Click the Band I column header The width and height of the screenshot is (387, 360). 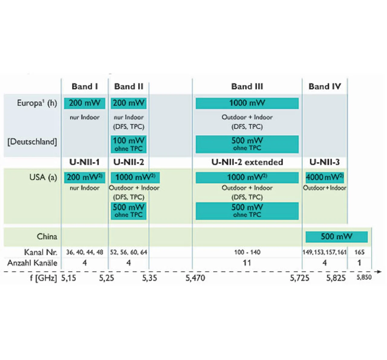[x=85, y=87]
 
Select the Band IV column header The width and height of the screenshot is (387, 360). [x=325, y=87]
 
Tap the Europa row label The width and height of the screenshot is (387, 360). [x=37, y=103]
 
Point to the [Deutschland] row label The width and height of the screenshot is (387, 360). [x=32, y=142]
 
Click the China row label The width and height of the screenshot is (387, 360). [x=47, y=236]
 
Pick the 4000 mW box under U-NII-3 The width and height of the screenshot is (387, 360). [x=325, y=177]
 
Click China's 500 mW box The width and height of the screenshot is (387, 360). [x=337, y=237]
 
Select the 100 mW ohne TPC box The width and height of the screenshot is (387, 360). [x=128, y=144]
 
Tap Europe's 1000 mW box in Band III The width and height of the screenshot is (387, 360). [x=247, y=103]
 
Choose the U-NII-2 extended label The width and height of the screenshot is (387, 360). [x=247, y=162]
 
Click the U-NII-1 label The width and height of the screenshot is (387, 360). [x=84, y=162]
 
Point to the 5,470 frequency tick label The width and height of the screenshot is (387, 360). [x=195, y=278]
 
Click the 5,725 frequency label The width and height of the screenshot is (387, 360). [x=300, y=278]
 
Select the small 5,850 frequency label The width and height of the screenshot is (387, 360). [x=364, y=277]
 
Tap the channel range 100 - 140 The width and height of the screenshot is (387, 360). [x=247, y=252]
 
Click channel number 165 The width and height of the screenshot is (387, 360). [x=359, y=252]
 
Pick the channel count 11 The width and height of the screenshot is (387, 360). [x=247, y=263]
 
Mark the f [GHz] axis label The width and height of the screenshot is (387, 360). [x=43, y=278]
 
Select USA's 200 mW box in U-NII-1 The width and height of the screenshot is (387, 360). [x=84, y=177]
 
